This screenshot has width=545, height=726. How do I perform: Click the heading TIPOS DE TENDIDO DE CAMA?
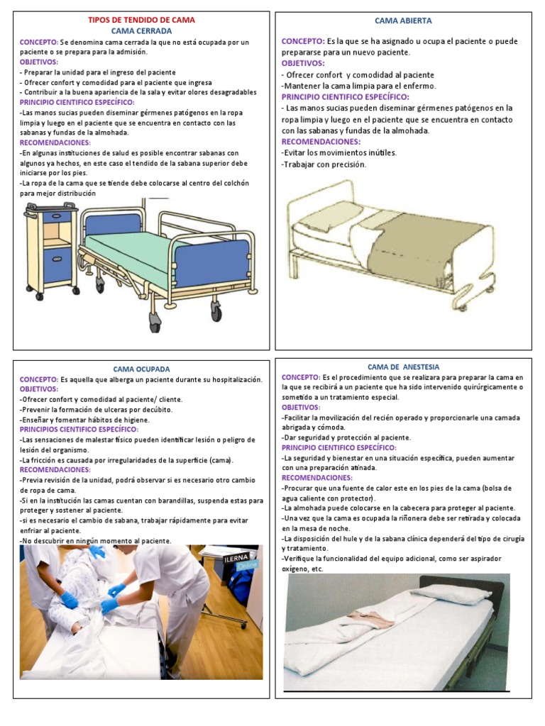pyautogui.click(x=141, y=20)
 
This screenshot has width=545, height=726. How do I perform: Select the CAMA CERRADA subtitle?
pyautogui.click(x=141, y=30)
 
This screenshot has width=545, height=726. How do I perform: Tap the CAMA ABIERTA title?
pyautogui.click(x=403, y=21)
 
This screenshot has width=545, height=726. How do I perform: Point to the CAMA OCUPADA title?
pyautogui.click(x=141, y=369)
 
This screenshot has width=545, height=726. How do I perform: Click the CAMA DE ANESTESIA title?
pyautogui.click(x=403, y=367)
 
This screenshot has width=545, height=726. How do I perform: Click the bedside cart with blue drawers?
pyautogui.click(x=51, y=248)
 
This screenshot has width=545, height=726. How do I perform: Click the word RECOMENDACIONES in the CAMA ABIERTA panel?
pyautogui.click(x=320, y=142)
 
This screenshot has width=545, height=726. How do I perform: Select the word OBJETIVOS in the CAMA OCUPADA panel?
pyautogui.click(x=38, y=389)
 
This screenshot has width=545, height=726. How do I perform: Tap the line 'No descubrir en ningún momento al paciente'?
pyautogui.click(x=95, y=540)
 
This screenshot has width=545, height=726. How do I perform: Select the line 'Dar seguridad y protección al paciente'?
pyautogui.click(x=346, y=437)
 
